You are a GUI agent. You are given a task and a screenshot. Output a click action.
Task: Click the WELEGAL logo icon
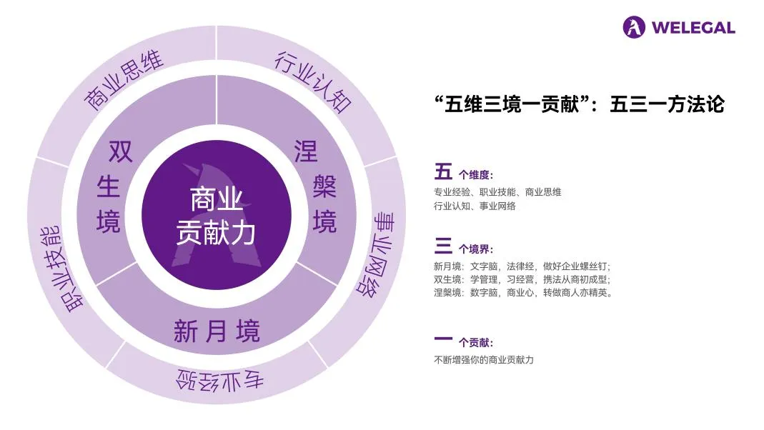[x=634, y=28]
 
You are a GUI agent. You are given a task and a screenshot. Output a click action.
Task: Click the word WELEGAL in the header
[x=693, y=28]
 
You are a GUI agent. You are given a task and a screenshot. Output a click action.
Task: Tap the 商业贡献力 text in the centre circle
[x=216, y=216]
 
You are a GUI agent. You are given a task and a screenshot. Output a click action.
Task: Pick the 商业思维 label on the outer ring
[x=124, y=81]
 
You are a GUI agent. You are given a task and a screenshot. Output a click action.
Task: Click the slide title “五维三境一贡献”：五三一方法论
[x=579, y=105]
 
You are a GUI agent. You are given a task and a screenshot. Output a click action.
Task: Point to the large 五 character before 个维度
[x=443, y=172]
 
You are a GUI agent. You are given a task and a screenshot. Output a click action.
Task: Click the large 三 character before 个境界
[x=443, y=247]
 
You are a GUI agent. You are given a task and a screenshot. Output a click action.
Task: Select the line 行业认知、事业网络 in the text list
[x=475, y=206]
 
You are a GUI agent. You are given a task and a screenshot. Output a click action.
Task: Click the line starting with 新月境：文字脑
[x=522, y=266]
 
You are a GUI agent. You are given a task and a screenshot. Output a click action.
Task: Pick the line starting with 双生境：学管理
[x=522, y=279]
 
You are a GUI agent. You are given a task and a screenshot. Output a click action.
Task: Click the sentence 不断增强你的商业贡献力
[x=483, y=359]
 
